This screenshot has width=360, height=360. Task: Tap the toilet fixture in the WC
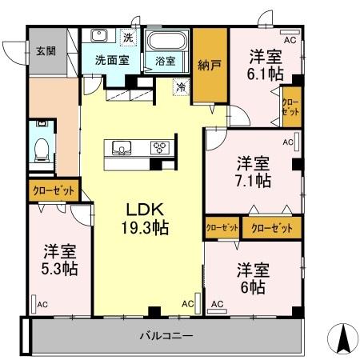(40, 146)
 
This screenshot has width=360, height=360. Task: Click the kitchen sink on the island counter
(123, 146)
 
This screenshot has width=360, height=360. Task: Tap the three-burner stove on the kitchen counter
(158, 147)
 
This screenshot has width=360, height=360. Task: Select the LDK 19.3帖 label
(145, 217)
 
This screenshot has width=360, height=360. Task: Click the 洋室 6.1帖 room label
(263, 63)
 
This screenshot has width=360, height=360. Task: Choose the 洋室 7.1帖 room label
(253, 171)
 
